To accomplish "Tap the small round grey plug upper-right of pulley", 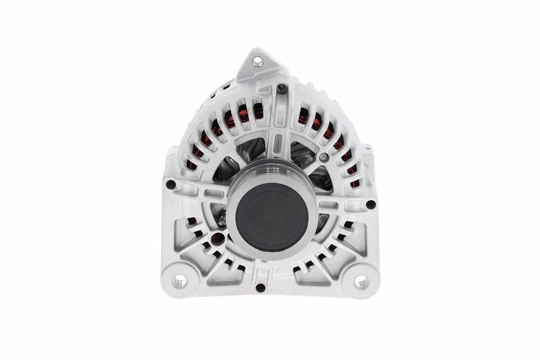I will pyautogui.click(x=325, y=156).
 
